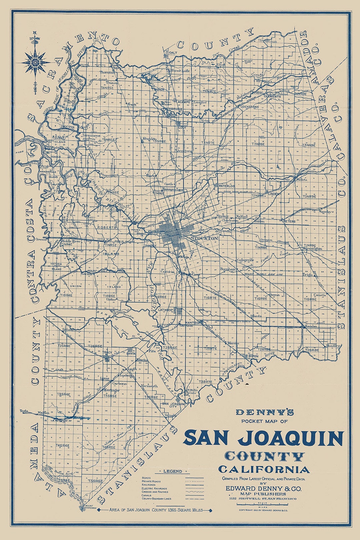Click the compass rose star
tap(35, 62)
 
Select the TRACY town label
tap(107, 353)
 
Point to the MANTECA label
tap(192, 323)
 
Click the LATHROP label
tap(166, 310)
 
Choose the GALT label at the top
tap(173, 53)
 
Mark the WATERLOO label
tap(227, 186)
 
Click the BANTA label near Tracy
tap(131, 354)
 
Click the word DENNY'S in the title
tap(265, 413)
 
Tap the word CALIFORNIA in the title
tap(264, 470)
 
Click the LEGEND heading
tap(173, 471)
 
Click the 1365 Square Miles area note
tap(156, 510)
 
